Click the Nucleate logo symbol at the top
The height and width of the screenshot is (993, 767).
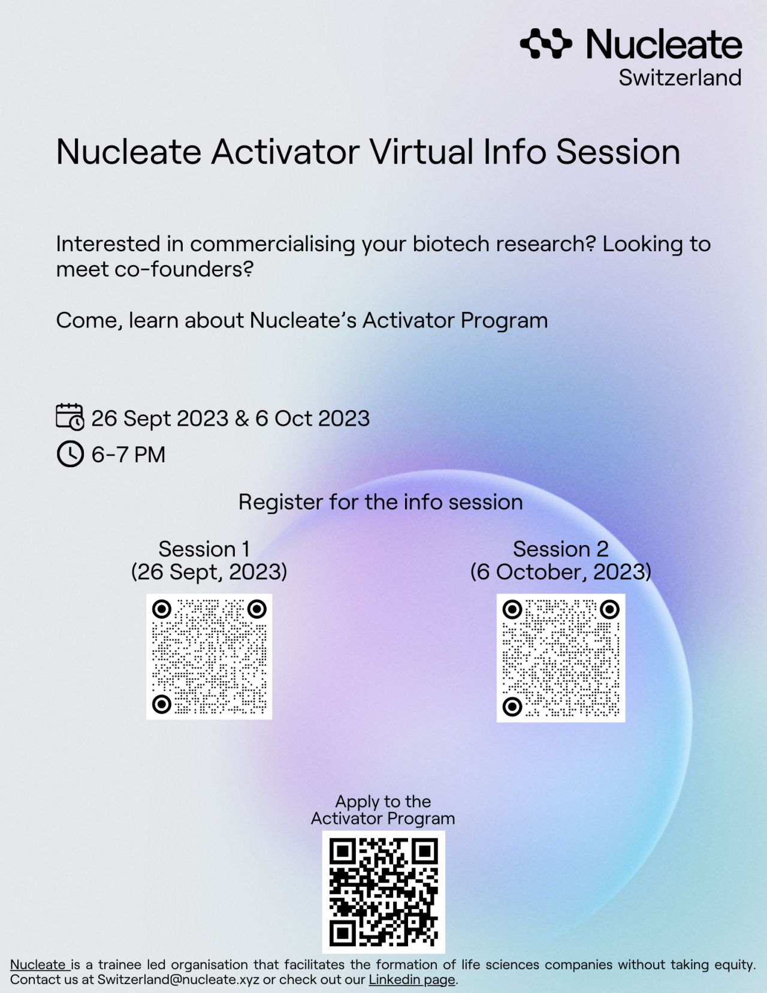(x=545, y=43)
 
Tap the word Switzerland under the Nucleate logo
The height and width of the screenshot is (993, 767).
(x=680, y=78)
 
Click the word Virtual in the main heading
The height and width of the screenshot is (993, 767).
(x=421, y=152)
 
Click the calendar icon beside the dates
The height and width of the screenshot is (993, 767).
(x=70, y=417)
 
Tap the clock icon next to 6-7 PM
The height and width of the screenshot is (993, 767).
(x=70, y=454)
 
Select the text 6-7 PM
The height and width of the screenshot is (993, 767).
(x=128, y=455)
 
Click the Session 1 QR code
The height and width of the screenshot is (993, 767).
(x=209, y=657)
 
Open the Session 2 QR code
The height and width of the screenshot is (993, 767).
(x=561, y=658)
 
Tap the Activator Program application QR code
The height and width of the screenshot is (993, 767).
(x=383, y=892)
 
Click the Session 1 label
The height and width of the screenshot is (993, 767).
(x=204, y=549)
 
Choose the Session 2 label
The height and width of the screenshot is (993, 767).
(x=561, y=549)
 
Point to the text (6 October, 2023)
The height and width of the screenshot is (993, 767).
(x=561, y=571)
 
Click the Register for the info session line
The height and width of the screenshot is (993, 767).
(x=381, y=502)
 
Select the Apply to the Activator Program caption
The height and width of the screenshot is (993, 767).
(x=383, y=810)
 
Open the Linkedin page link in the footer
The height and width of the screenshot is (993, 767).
(x=412, y=979)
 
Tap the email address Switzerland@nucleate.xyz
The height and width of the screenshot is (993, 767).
(x=179, y=979)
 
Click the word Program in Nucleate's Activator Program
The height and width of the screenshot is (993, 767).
(x=504, y=321)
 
